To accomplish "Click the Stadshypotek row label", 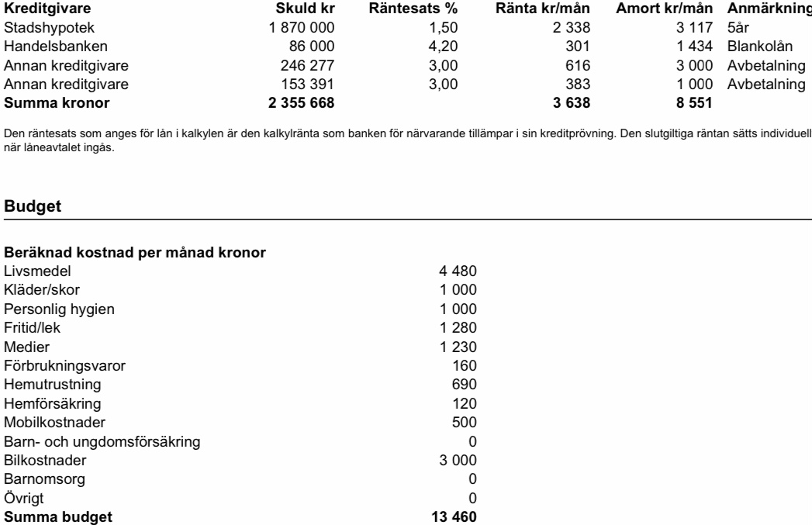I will pyautogui.click(x=40, y=27).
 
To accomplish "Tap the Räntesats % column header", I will pyautogui.click(x=413, y=9).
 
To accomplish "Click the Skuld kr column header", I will pyautogui.click(x=309, y=9).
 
